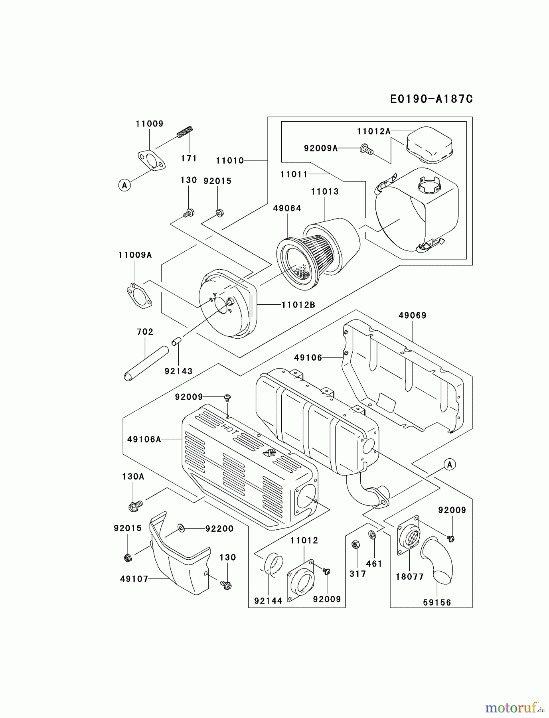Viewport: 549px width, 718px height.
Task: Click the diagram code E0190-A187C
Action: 431,99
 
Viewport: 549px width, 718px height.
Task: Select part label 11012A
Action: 373,131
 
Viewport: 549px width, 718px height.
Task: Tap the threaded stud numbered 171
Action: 185,132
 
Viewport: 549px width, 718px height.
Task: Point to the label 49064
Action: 287,208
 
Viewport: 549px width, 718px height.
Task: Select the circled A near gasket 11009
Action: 124,185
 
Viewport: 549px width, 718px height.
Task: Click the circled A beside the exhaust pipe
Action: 450,464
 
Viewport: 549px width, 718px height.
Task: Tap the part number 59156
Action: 437,603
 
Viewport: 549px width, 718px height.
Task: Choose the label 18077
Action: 410,577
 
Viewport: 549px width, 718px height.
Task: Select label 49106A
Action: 144,439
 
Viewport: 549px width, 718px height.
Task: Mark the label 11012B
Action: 298,305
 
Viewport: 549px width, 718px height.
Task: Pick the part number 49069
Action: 412,316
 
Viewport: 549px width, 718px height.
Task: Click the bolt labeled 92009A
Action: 366,149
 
